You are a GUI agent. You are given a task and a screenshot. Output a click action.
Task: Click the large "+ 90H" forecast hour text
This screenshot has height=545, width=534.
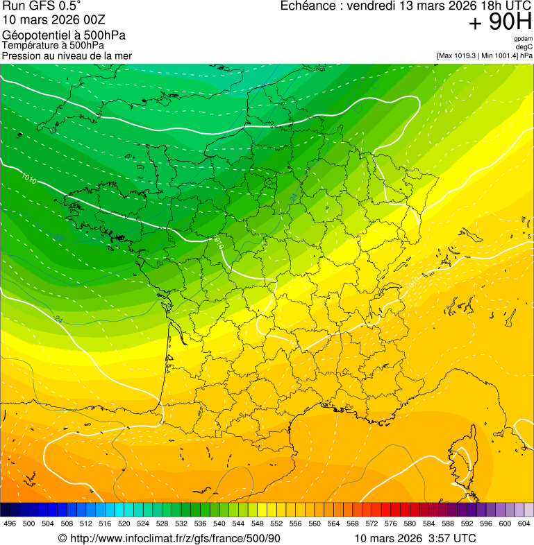500,23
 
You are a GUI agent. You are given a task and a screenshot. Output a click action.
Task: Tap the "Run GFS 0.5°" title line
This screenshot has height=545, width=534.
41,6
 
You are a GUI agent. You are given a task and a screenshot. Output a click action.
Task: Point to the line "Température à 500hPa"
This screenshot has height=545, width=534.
53,45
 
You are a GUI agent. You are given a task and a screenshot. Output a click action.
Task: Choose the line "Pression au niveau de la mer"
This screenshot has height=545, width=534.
67,55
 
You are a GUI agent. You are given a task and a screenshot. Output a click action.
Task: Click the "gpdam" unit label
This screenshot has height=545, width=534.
523,39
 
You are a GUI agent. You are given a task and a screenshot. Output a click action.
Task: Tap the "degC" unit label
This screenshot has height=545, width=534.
524,46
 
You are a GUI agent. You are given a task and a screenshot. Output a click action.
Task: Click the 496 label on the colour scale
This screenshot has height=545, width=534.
10,524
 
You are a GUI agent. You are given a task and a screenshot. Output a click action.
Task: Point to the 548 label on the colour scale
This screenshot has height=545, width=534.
257,524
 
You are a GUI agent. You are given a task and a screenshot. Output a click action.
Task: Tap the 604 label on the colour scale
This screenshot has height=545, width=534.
524,524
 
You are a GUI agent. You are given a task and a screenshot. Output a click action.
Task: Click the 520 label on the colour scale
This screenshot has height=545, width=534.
124,524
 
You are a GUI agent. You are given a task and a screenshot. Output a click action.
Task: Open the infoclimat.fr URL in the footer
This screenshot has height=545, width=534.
176,538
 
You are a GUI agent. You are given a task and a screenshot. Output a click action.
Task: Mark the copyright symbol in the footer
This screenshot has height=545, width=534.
62,538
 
